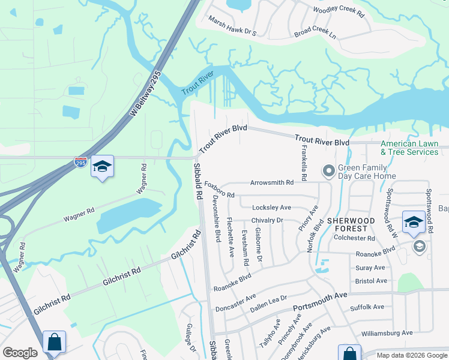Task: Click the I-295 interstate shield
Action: click(80, 162)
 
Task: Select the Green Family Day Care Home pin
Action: click(328, 172)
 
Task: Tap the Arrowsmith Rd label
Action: click(272, 182)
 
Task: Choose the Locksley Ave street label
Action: click(271, 208)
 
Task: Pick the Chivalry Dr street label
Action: click(276, 220)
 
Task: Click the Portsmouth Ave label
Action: click(320, 301)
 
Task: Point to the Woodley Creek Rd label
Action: click(339, 11)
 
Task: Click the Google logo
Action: click(20, 353)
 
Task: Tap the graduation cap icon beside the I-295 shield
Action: click(102, 167)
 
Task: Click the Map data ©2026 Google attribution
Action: click(411, 355)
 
